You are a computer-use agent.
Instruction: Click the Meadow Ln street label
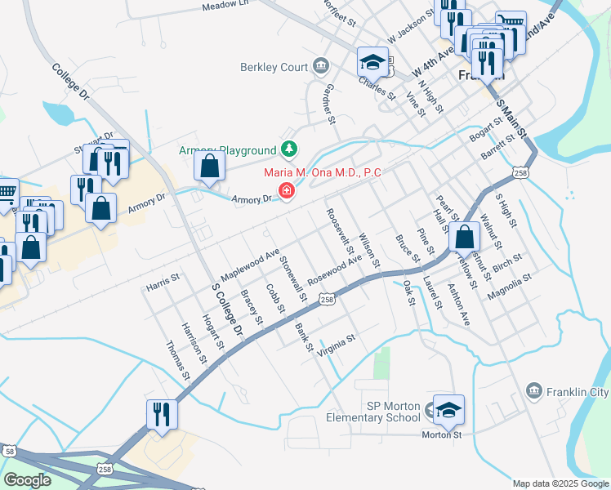[225, 7]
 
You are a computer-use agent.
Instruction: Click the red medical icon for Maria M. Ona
[286, 190]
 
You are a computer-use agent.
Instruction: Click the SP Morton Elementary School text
[381, 412]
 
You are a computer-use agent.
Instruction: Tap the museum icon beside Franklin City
[534, 392]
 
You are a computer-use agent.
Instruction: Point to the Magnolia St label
[509, 287]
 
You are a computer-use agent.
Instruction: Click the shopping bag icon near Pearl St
[464, 237]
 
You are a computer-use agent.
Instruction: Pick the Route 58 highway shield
[9, 450]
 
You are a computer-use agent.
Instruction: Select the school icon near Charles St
[372, 62]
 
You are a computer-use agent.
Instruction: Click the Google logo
[27, 480]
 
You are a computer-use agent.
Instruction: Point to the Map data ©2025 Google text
[560, 483]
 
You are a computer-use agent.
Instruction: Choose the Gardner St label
[329, 104]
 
